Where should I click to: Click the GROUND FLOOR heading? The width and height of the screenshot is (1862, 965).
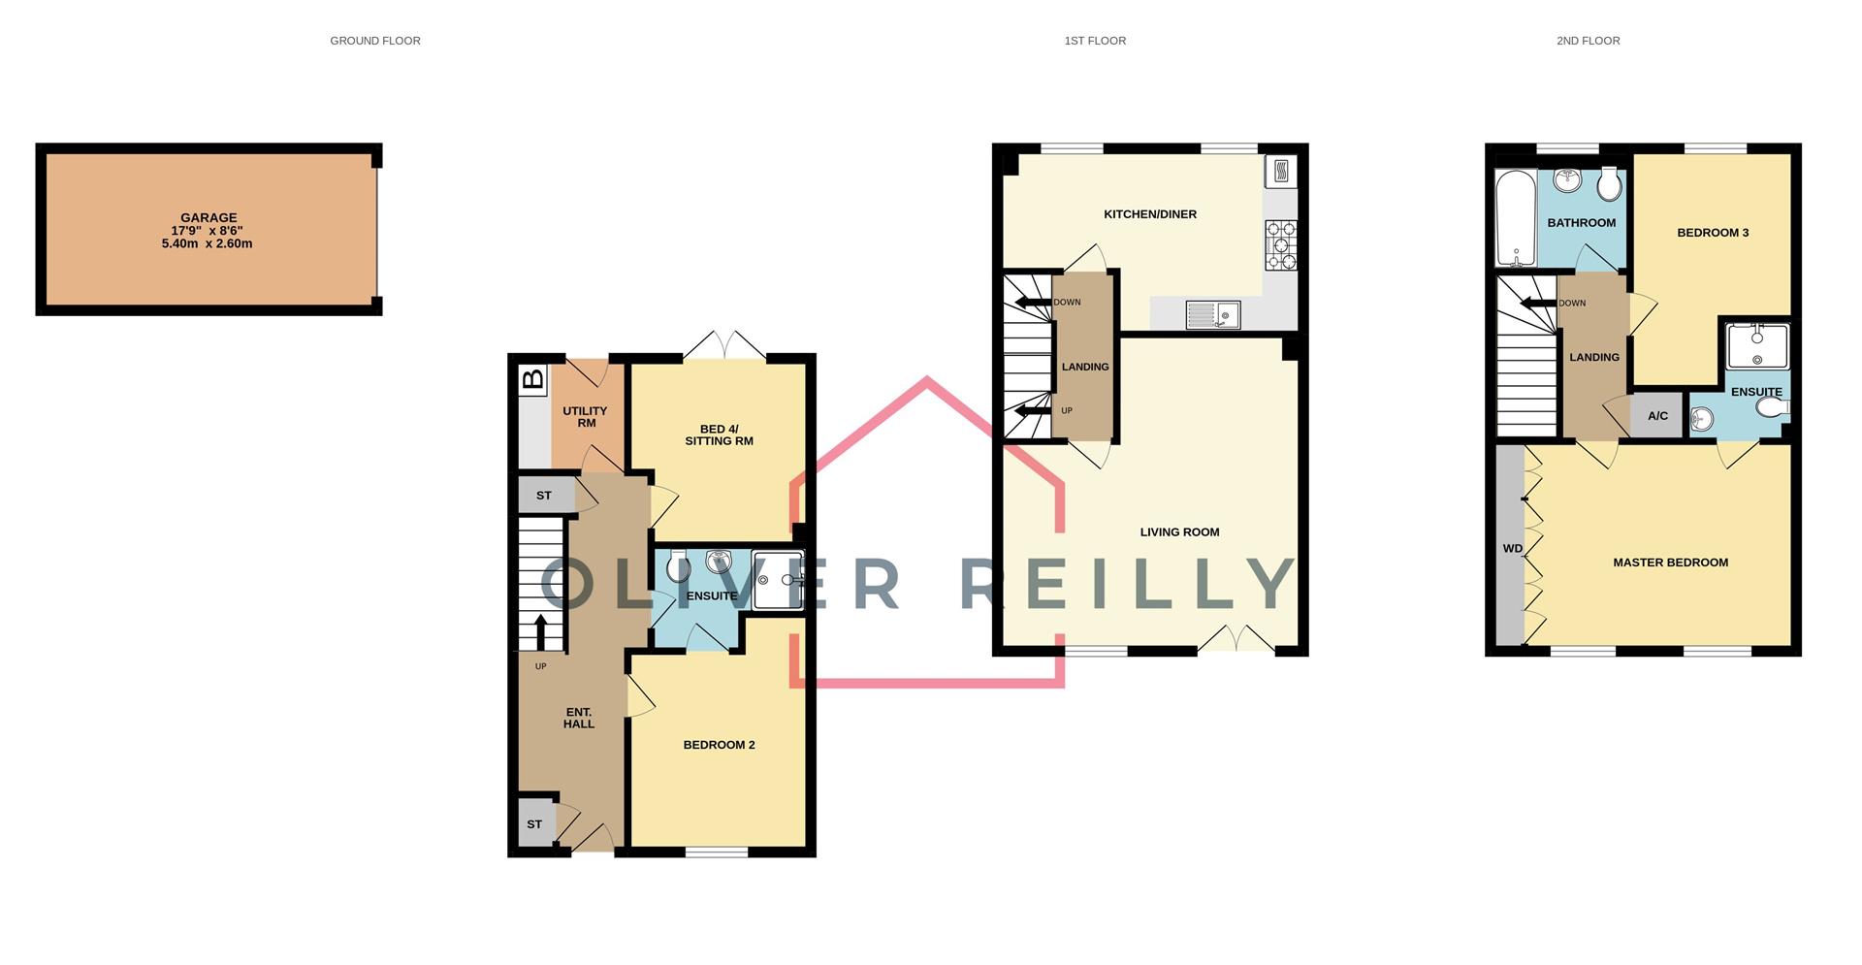pyautogui.click(x=375, y=41)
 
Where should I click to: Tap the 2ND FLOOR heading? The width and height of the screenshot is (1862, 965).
pyautogui.click(x=1588, y=41)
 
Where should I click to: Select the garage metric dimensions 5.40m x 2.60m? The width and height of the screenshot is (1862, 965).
pyautogui.click(x=207, y=244)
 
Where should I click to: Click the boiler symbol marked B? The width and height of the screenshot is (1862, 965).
pyautogui.click(x=533, y=379)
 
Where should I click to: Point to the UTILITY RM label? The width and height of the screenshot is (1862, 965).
pyautogui.click(x=586, y=417)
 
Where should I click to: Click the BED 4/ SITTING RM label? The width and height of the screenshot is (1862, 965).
pyautogui.click(x=719, y=434)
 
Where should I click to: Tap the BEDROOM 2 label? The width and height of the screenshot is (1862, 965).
pyautogui.click(x=719, y=745)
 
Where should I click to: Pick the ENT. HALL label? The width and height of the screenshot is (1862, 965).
pyautogui.click(x=579, y=718)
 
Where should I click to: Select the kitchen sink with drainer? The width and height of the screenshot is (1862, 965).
pyautogui.click(x=1212, y=315)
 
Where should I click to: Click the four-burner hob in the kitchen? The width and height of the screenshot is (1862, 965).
pyautogui.click(x=1280, y=244)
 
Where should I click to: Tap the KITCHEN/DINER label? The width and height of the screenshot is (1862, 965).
pyautogui.click(x=1150, y=214)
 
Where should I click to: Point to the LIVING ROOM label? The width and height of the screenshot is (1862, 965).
pyautogui.click(x=1179, y=532)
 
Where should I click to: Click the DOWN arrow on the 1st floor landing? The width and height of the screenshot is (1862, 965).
pyautogui.click(x=1034, y=303)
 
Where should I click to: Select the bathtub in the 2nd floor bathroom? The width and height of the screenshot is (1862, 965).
pyautogui.click(x=1515, y=219)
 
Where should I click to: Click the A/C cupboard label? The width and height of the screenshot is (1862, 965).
pyautogui.click(x=1657, y=416)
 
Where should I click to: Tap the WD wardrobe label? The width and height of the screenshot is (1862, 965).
pyautogui.click(x=1512, y=549)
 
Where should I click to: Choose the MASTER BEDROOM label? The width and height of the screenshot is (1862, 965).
pyautogui.click(x=1670, y=563)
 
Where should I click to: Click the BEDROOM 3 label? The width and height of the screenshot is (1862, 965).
pyautogui.click(x=1713, y=233)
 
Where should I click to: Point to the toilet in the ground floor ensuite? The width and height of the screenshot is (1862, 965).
pyautogui.click(x=678, y=565)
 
